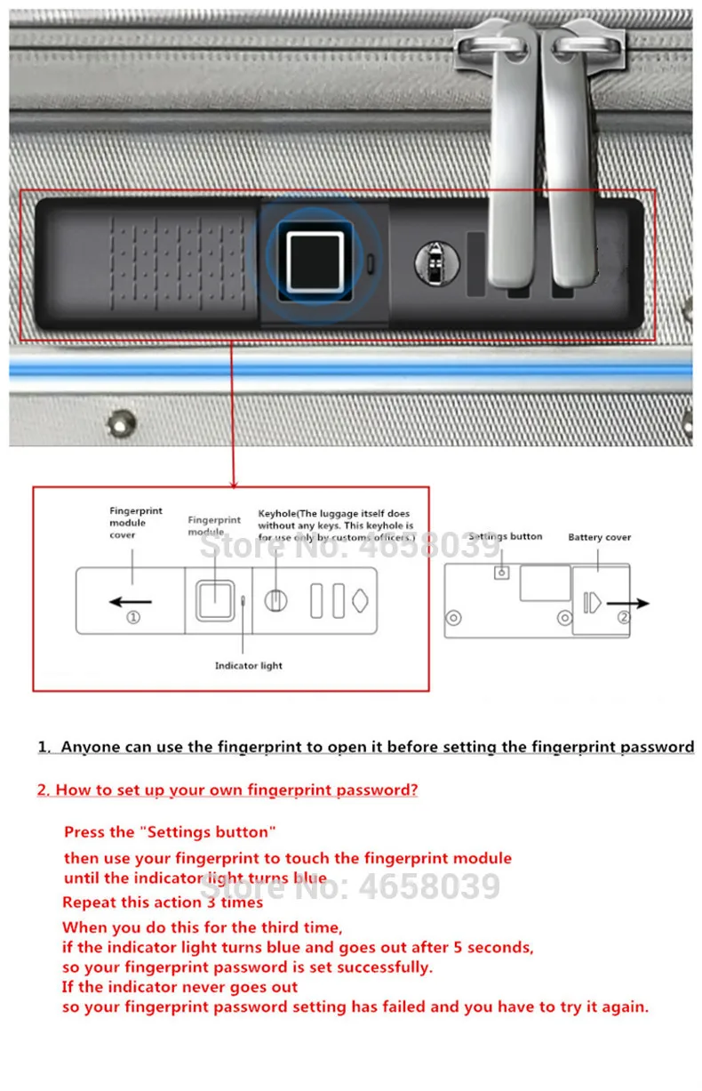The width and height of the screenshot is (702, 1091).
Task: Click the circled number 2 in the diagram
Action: pos(625,615)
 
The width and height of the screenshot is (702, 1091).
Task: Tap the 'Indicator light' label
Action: pos(249,665)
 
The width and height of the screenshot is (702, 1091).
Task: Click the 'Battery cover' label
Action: pos(600,537)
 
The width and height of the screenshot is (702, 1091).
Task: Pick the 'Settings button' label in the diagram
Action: pos(505,536)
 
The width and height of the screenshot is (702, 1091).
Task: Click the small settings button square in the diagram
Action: pos(501,573)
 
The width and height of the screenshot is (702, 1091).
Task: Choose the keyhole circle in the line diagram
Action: pos(275,601)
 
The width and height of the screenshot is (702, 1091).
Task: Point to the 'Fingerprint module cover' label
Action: pos(136,523)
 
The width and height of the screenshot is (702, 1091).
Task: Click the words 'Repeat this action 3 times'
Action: pos(163,902)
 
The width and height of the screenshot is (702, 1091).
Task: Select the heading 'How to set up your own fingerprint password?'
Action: pos(227,790)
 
